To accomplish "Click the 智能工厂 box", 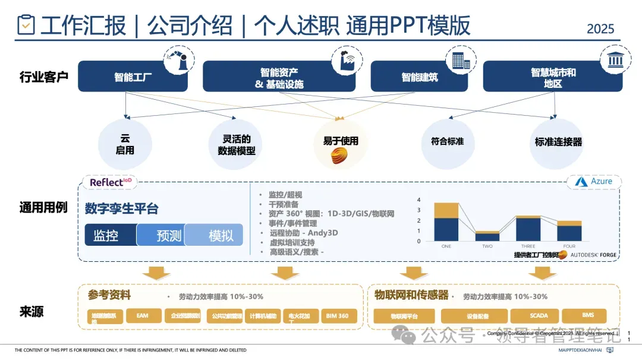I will [133, 77].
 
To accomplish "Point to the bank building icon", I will [616, 60].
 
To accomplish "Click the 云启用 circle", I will [125, 144].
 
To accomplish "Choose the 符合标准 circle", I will [447, 142].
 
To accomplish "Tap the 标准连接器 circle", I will [558, 143].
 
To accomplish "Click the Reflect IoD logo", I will [111, 182].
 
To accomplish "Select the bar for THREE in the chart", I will [528, 229].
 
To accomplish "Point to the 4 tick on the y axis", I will [419, 200].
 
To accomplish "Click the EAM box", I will [142, 316].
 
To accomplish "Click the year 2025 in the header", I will [600, 28].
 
